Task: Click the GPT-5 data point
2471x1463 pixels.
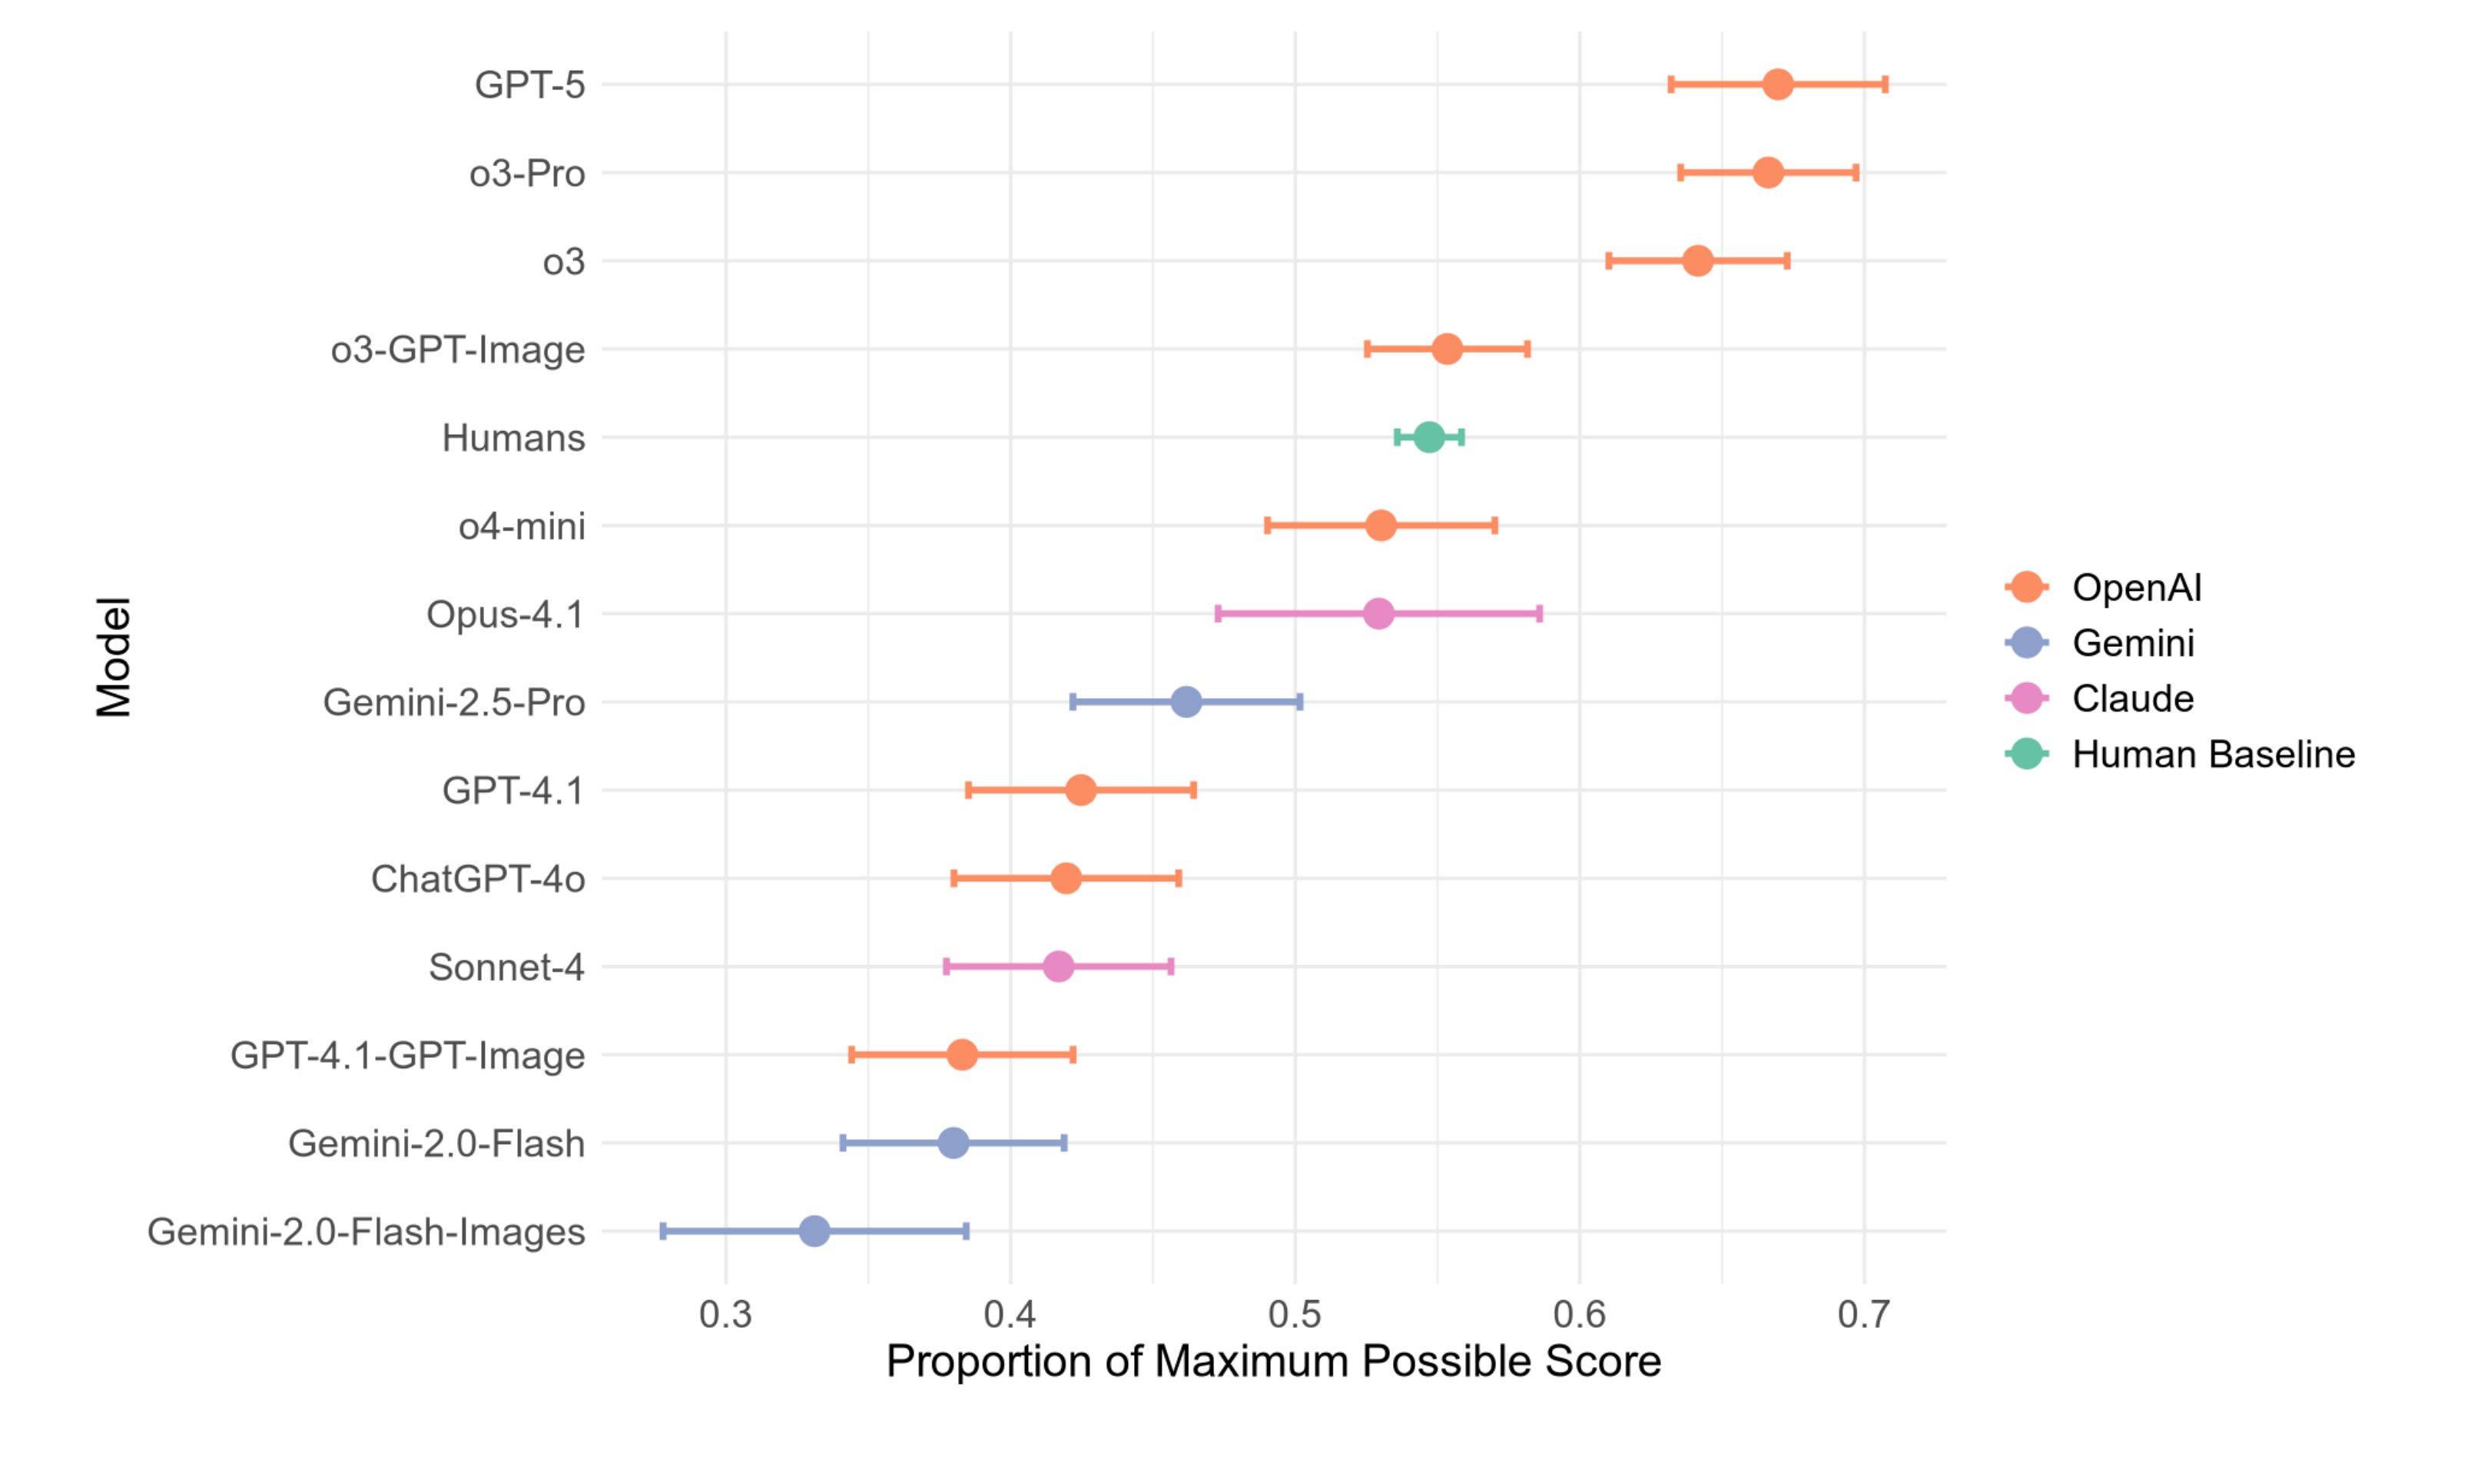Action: click(1777, 85)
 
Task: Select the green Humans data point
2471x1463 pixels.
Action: click(1429, 438)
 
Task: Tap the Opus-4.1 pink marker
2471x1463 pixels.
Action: click(1379, 614)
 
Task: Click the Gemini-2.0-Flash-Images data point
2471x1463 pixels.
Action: click(814, 1231)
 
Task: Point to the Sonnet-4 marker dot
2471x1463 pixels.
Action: click(1057, 967)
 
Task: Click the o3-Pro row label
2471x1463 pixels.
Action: click(526, 174)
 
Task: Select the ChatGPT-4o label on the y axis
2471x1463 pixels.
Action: click(477, 878)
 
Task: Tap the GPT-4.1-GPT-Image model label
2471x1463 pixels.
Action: click(407, 1055)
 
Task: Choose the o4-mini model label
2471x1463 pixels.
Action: click(522, 526)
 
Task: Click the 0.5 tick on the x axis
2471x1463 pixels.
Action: click(1294, 1314)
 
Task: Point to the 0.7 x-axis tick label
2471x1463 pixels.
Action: click(1864, 1314)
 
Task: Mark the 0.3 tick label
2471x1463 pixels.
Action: click(725, 1314)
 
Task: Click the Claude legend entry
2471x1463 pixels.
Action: click(2133, 699)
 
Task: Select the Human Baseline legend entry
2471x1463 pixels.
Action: click(2213, 755)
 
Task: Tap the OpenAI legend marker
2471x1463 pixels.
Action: click(2026, 588)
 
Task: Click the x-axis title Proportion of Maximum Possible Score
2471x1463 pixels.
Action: click(1273, 1362)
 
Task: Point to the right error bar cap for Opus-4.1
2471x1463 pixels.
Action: click(1540, 614)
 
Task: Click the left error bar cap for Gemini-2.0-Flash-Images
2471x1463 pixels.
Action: click(663, 1231)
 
